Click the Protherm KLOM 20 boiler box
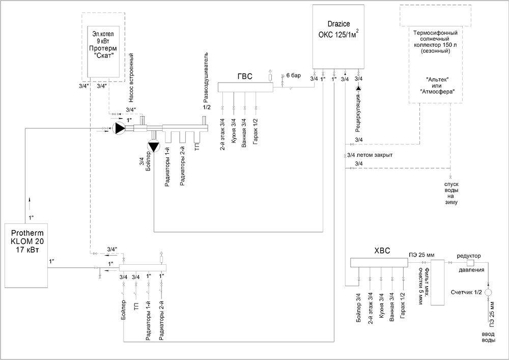[x=26, y=255]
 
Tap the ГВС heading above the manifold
[x=245, y=76]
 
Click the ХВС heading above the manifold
[x=382, y=251]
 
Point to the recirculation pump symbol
[x=358, y=88]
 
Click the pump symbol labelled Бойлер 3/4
[x=154, y=147]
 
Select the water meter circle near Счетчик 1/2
[x=488, y=292]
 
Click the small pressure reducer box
[x=470, y=263]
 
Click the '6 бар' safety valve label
[x=294, y=76]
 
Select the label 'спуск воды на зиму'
[x=451, y=193]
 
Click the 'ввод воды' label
[x=488, y=337]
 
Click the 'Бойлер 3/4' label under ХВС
[x=358, y=307]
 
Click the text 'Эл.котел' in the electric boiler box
[x=103, y=34]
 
